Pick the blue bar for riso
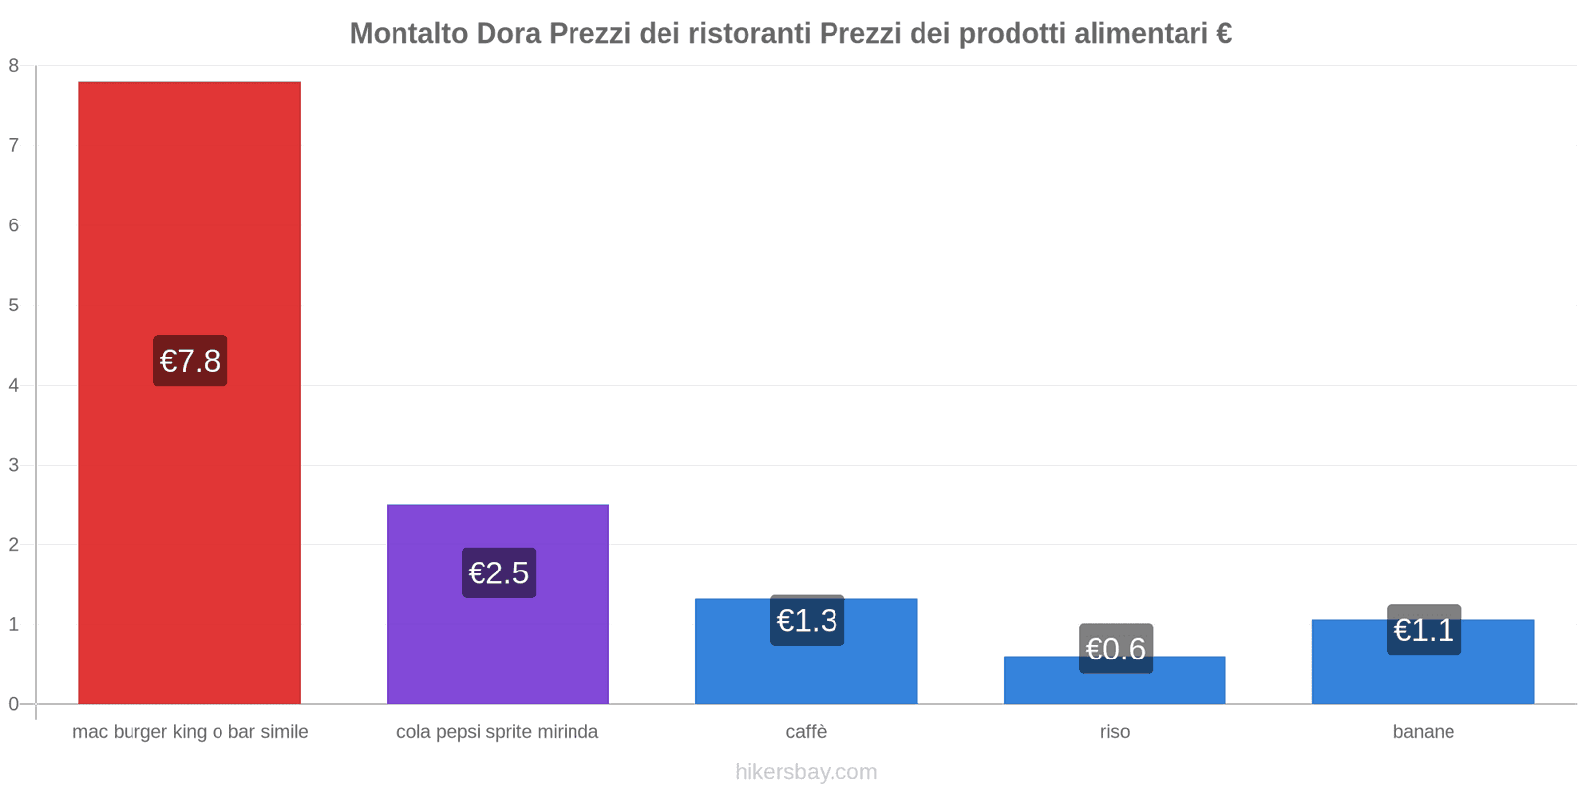pos(1114,687)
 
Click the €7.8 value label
pos(190,361)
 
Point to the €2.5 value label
pos(498,572)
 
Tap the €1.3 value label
pos(807,620)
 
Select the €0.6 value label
pos(1115,649)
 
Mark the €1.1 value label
pos(1424,630)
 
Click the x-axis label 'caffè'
pos(806,732)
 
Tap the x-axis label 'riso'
pos(1114,732)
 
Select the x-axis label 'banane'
pos(1423,732)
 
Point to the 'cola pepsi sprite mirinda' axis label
pos(497,732)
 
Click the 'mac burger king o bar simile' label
pos(190,732)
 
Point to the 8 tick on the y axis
pos(14,66)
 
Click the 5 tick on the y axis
pos(14,306)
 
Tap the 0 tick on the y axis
pos(14,704)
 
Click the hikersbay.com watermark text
pos(806,772)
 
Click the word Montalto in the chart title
pos(408,34)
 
